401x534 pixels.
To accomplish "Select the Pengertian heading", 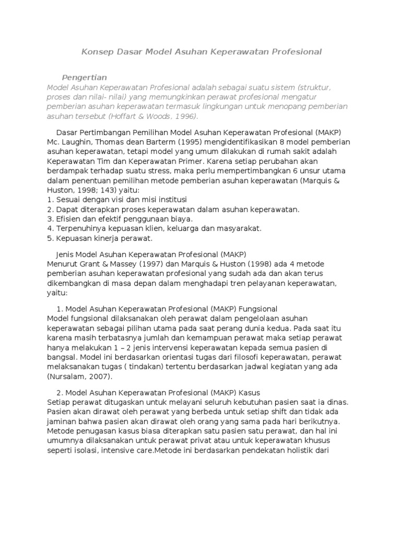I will pos(84,77).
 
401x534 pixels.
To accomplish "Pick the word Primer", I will pos(176,161).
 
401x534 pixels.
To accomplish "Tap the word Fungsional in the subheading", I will pos(258,308).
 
